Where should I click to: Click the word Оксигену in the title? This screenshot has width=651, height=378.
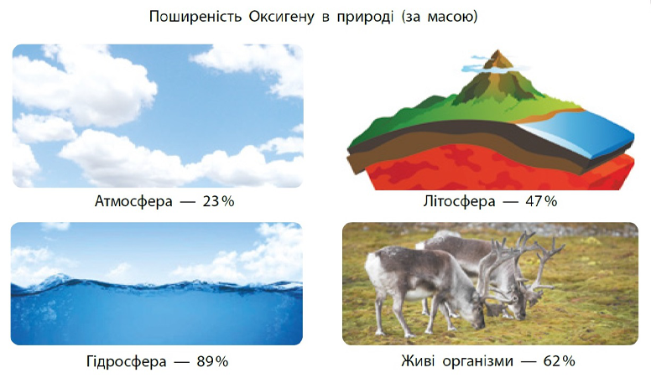[282, 17]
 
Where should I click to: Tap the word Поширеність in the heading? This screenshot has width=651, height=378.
[195, 17]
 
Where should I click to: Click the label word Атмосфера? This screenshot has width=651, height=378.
[133, 201]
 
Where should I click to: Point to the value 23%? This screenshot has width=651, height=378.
[218, 201]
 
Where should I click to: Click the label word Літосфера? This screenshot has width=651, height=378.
[459, 201]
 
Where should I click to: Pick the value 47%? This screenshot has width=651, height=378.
[541, 201]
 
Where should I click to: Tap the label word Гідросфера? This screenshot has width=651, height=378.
[126, 361]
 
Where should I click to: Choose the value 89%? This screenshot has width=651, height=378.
[212, 361]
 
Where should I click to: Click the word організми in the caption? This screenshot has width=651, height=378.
[477, 361]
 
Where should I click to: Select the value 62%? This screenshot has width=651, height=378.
[559, 361]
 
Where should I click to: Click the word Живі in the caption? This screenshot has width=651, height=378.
[418, 361]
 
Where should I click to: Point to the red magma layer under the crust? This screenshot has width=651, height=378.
[498, 169]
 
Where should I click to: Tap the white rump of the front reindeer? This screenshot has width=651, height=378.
[373, 270]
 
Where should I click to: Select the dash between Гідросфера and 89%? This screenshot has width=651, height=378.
[181, 362]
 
